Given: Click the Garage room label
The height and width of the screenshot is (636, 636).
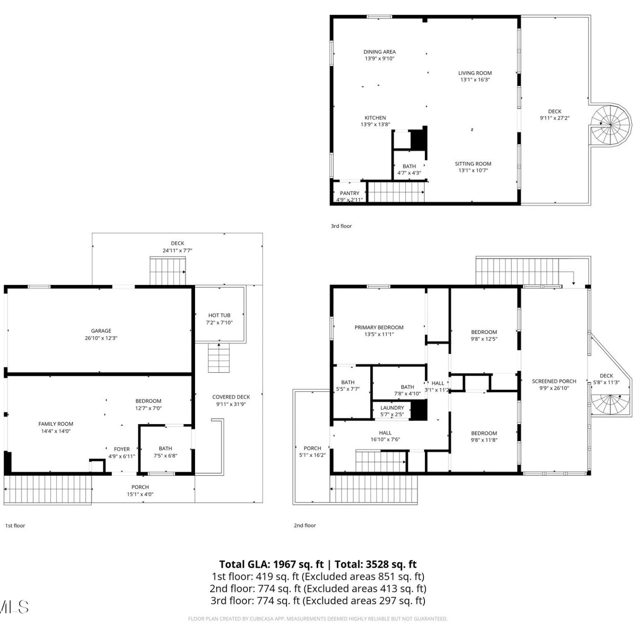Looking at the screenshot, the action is click(101, 331).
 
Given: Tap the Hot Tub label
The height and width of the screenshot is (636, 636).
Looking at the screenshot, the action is click(219, 315).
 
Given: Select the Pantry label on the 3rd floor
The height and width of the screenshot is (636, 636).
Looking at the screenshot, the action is click(349, 193).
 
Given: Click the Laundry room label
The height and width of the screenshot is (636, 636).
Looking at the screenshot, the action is click(392, 408).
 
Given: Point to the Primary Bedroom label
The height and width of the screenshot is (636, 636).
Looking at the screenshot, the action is click(379, 327).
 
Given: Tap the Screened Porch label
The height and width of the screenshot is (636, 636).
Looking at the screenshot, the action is click(554, 381).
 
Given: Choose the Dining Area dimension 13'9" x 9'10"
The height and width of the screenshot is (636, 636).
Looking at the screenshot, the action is click(379, 59).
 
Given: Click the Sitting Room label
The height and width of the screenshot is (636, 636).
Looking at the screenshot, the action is click(473, 164).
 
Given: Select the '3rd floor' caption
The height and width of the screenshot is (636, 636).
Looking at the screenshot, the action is click(341, 226).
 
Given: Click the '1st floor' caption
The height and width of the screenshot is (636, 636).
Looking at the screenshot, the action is click(15, 526).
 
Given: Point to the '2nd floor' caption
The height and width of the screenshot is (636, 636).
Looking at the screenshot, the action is click(305, 525).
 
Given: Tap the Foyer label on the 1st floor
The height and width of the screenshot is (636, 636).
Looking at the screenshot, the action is click(122, 449).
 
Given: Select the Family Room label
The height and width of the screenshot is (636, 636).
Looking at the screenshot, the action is click(56, 424).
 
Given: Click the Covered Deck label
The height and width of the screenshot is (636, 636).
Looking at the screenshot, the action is click(231, 397).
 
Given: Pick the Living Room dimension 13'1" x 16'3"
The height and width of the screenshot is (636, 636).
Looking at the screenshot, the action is click(475, 80).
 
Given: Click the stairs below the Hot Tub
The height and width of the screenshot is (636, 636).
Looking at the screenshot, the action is click(219, 358).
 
